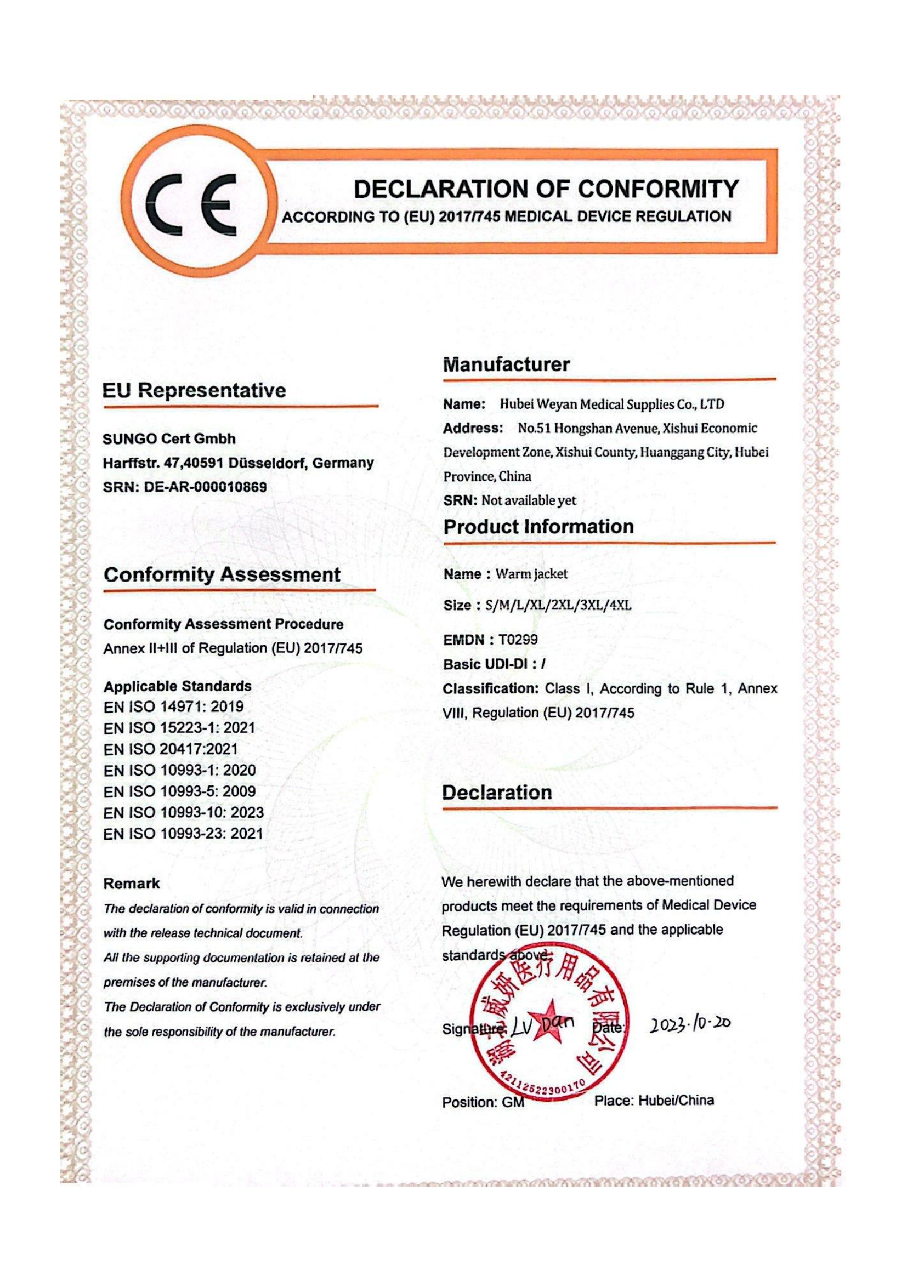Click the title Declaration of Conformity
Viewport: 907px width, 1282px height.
546,189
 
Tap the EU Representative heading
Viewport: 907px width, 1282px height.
194,390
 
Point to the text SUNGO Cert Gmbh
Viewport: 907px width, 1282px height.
169,439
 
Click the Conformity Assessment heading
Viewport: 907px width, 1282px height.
222,574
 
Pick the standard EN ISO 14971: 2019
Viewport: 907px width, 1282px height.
173,707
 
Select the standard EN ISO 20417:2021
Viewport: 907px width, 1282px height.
171,749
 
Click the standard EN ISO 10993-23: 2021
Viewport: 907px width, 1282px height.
183,834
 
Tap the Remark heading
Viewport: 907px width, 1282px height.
131,884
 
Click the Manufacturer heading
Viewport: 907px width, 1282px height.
506,364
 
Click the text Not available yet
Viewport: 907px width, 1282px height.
528,500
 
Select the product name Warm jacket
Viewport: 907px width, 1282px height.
532,574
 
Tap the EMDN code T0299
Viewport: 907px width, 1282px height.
518,640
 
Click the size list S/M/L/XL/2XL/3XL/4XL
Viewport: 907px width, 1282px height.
558,605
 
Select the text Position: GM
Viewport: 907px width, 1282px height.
483,1102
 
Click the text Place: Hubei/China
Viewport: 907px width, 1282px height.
654,1101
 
